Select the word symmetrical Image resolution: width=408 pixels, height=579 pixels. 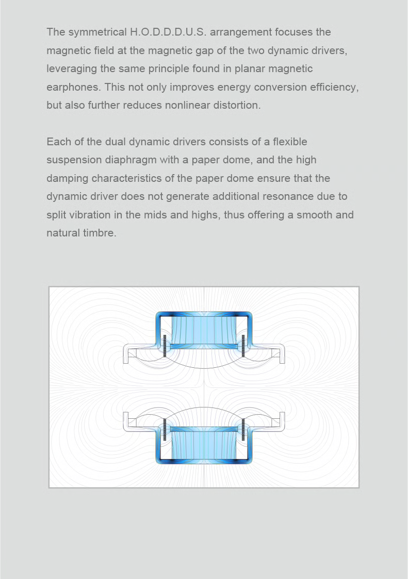click(x=97, y=32)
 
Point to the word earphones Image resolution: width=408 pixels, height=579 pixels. click(x=73, y=88)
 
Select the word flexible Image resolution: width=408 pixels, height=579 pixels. click(x=290, y=142)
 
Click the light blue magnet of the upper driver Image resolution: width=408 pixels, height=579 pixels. click(x=204, y=330)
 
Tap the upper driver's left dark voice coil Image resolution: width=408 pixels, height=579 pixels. click(x=164, y=346)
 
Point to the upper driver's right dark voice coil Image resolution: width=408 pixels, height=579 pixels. click(x=243, y=346)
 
